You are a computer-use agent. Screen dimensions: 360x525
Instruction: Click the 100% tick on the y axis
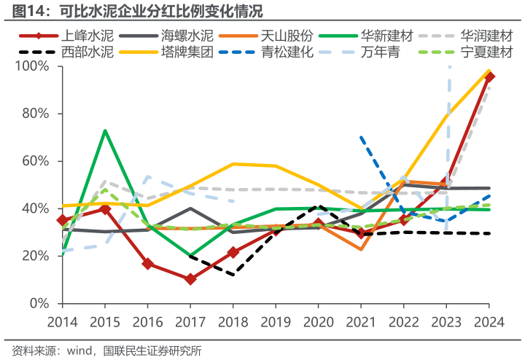[33, 66]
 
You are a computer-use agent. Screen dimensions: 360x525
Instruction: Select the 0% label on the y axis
[39, 303]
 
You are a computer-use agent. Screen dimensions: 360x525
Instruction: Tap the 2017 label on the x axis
[190, 321]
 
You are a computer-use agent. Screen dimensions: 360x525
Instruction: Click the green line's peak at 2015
[105, 130]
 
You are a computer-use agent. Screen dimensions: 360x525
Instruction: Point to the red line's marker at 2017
[190, 279]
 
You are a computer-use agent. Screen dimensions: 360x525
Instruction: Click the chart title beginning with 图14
[131, 10]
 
